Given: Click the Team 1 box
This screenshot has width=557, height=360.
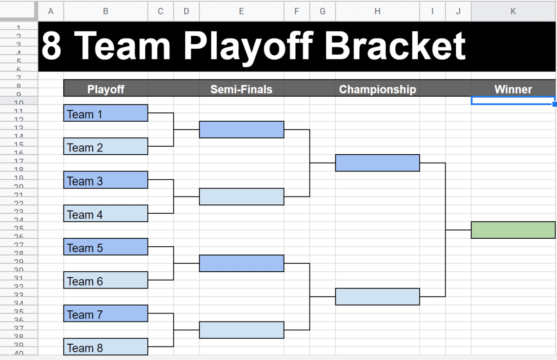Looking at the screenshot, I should coord(105,113).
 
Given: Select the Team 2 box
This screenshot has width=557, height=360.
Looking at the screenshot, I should coord(105,147).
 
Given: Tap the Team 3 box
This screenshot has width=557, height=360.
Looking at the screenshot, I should coord(105,180).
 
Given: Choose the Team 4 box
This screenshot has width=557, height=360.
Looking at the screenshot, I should coord(105,214).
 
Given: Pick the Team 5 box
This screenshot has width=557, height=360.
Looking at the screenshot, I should coord(105,247).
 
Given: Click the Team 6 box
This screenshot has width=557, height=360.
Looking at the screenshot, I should coord(105,281).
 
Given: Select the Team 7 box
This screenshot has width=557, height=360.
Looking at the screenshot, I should coord(105,314).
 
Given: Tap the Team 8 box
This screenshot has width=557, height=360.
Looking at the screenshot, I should coord(105,347).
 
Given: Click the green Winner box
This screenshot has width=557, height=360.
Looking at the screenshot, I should coord(513,230).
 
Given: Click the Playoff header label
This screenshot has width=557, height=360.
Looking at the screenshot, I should coord(106,89).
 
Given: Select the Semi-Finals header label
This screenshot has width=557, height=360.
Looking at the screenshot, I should coord(241,89).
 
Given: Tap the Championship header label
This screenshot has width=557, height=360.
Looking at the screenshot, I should coord(377,89).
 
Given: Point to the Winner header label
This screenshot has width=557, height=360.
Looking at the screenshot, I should coord(513,89).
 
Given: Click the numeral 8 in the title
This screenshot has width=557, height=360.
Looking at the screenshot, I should coord(52,46).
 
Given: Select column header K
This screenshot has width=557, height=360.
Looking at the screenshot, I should coord(513,11).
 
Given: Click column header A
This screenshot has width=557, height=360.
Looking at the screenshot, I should coord(51,11).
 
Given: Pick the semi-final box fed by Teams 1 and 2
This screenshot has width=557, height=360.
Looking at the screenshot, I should coord(241,130).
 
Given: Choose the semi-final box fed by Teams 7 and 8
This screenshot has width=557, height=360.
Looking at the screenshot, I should coord(241,330).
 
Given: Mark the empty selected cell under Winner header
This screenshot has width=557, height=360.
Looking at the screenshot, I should coord(513,100).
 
